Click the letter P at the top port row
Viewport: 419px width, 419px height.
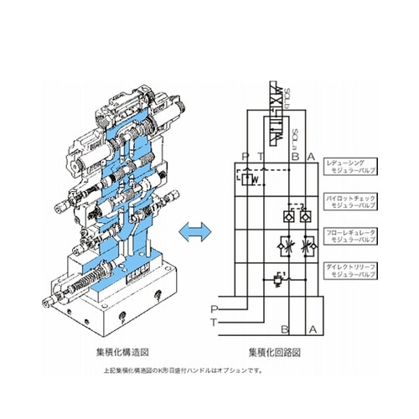tap(244, 156)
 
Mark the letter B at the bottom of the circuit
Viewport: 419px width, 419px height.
tap(285, 328)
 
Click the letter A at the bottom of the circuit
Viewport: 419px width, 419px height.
tap(313, 328)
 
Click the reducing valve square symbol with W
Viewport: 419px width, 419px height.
tap(251, 178)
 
